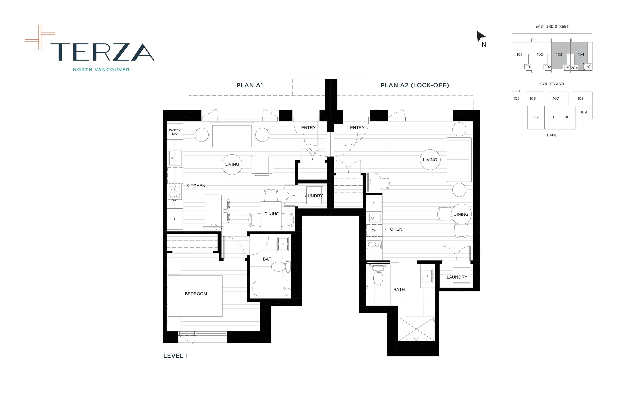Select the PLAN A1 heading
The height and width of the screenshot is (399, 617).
(x=250, y=85)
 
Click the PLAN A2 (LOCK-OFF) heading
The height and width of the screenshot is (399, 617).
(x=414, y=85)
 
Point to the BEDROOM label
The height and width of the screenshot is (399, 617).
(x=196, y=294)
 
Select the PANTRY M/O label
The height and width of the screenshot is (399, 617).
(x=175, y=132)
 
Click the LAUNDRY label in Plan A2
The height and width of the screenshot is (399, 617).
(x=457, y=277)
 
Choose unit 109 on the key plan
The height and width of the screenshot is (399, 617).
(x=584, y=112)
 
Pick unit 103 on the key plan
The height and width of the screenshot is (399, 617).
(x=559, y=54)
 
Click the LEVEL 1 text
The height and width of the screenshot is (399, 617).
(x=175, y=356)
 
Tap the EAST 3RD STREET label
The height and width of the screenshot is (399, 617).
(x=552, y=27)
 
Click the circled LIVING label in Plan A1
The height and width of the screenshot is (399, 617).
(x=232, y=164)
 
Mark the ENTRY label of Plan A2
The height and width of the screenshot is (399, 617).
(x=357, y=128)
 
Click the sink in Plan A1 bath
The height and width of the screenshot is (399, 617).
(x=283, y=244)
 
